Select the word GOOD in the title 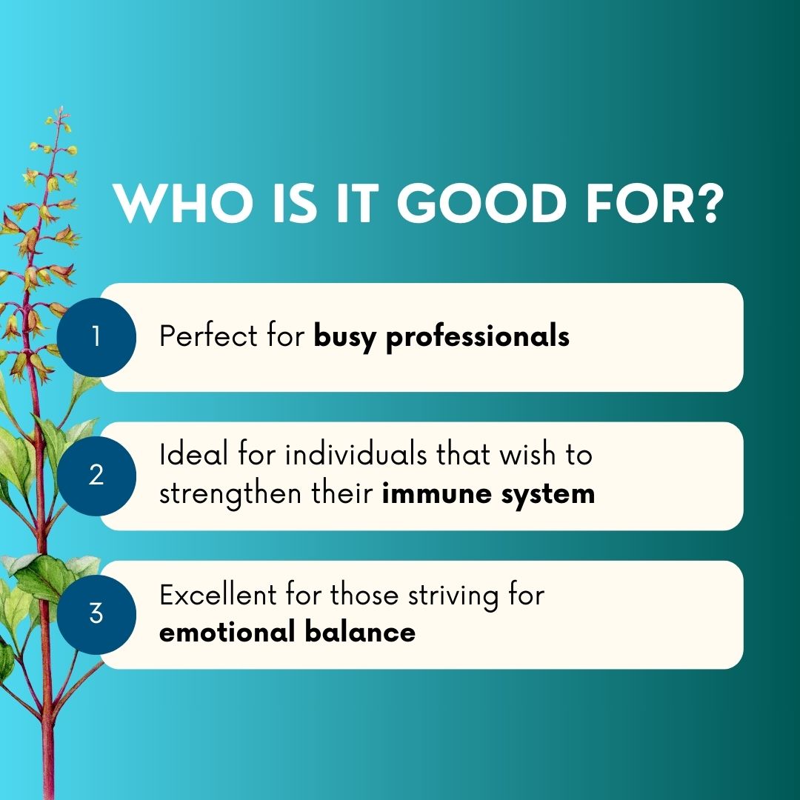tap(481, 203)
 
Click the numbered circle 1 tap(96, 337)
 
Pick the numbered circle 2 tap(96, 476)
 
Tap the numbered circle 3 tap(96, 614)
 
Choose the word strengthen tap(230, 494)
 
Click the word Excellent tap(218, 595)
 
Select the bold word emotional tap(227, 632)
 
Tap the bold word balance tap(360, 632)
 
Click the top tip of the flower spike tap(61, 107)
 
